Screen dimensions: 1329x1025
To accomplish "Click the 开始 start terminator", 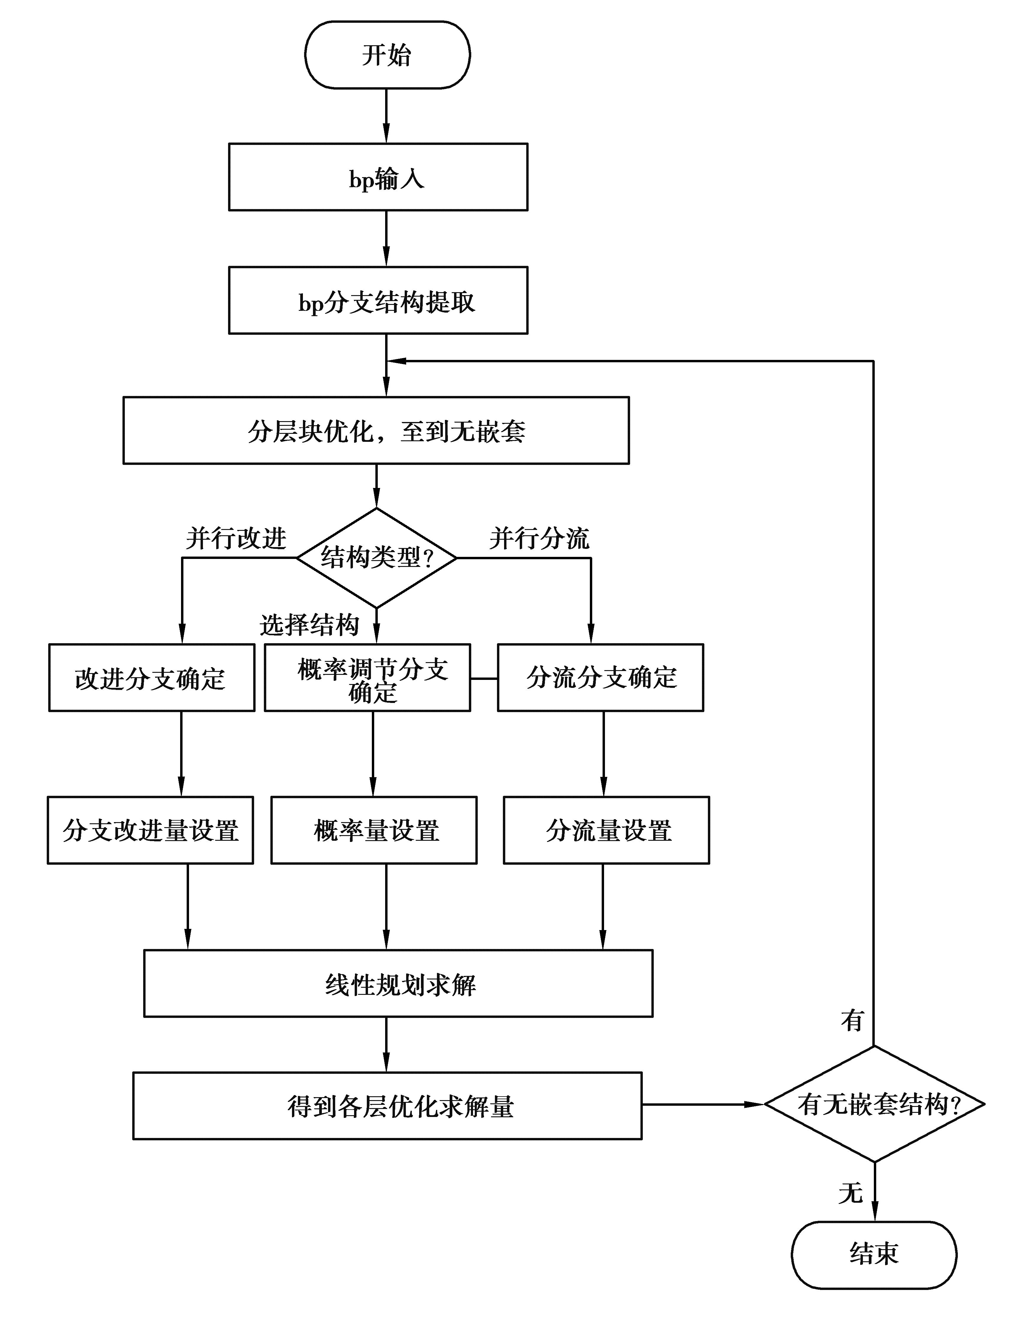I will coord(387,55).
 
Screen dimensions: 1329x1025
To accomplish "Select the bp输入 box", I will coord(378,177).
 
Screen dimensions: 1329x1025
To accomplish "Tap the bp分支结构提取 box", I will coord(378,300).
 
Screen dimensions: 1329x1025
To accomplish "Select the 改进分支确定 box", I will coord(151,677).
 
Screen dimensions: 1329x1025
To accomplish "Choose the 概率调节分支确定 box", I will coord(367,677).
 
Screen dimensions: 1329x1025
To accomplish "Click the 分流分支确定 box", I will coord(600,677).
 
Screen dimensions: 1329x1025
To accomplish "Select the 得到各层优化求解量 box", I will coord(387,1106).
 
